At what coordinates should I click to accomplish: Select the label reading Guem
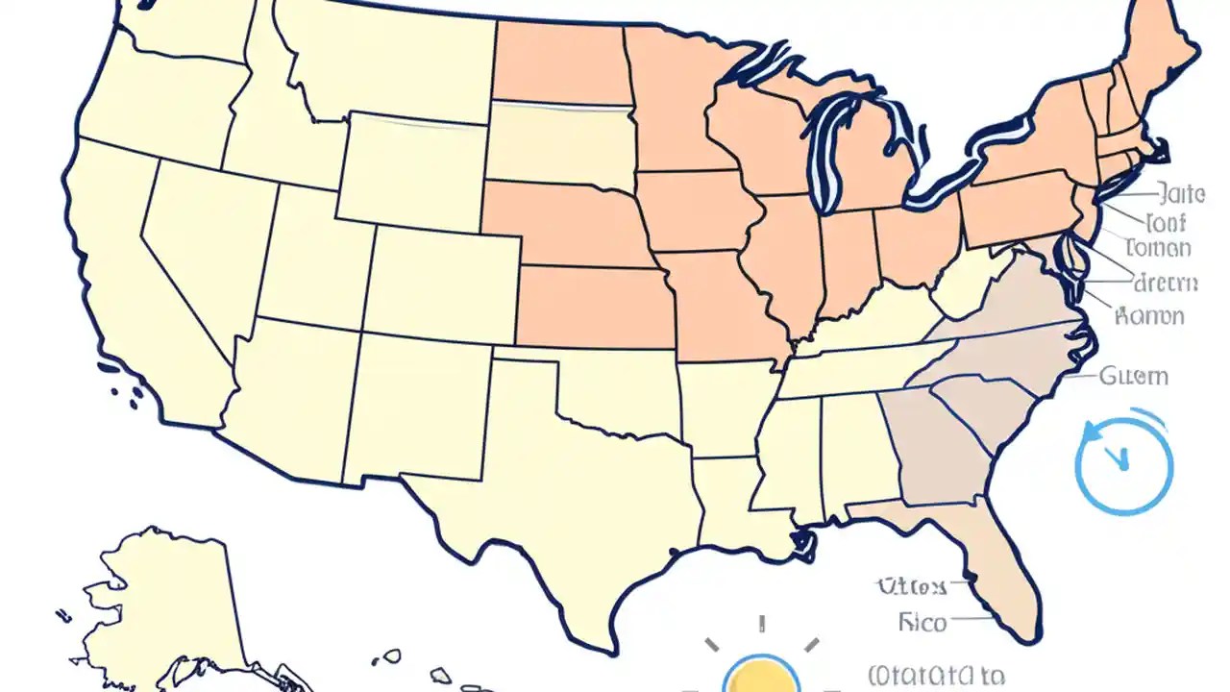tap(1134, 376)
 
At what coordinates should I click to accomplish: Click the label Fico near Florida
tap(922, 623)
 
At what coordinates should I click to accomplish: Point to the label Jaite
tap(1181, 194)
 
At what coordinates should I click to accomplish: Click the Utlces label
tap(911, 586)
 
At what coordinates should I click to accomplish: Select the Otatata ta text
tap(936, 676)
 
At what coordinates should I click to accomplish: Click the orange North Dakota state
tap(561, 62)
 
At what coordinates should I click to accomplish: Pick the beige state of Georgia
tap(937, 447)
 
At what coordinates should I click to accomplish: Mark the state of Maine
tap(1158, 48)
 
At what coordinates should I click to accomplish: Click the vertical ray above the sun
tap(760, 624)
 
